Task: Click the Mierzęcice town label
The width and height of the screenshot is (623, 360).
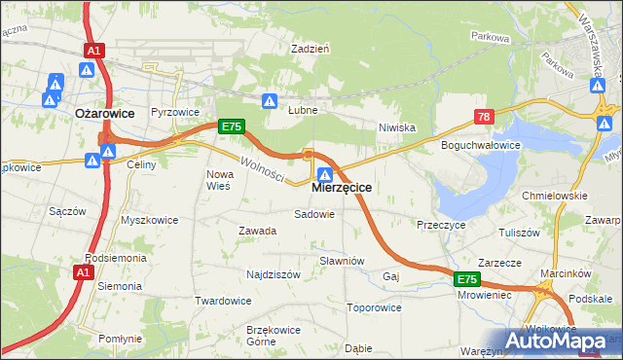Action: [x=341, y=189]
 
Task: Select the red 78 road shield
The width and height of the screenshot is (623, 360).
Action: [x=484, y=118]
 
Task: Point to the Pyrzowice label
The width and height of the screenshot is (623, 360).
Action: [x=174, y=112]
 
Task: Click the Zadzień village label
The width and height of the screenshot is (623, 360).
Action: [x=311, y=47]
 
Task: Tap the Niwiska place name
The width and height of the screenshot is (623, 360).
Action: [x=397, y=126]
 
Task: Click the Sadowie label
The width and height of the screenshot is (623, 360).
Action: [x=313, y=213]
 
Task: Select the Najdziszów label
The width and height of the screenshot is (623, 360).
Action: [x=273, y=275]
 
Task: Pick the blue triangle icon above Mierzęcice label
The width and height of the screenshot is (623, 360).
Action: [x=326, y=174]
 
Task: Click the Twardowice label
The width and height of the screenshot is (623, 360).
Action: [x=223, y=301]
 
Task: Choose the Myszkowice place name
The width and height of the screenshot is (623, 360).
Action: [x=149, y=220]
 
